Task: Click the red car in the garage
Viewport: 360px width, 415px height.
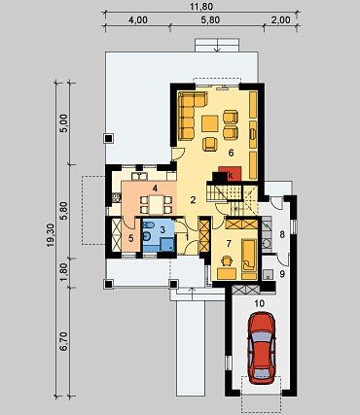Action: click(262, 348)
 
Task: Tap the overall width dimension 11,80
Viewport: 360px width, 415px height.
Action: click(201, 7)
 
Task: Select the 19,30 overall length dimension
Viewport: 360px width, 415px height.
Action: click(51, 240)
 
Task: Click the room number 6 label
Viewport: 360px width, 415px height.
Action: click(231, 153)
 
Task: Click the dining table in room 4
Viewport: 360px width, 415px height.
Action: click(156, 205)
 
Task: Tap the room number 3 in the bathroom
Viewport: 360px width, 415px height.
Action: click(162, 229)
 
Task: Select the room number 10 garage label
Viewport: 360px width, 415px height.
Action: click(260, 303)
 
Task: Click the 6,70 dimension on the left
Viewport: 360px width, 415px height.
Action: click(65, 341)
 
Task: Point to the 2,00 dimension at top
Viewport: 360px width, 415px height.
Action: click(281, 20)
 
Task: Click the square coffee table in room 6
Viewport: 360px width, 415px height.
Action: click(210, 123)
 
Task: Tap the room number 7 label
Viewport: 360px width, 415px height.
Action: click(229, 244)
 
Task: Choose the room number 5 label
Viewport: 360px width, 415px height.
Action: click(130, 238)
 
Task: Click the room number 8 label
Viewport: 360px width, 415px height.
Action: click(282, 234)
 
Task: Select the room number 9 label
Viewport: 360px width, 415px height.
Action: click(282, 274)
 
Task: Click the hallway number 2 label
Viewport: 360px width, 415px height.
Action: click(193, 200)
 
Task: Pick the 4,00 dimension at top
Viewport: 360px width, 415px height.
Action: click(138, 20)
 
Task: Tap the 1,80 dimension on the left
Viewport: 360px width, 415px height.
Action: click(65, 271)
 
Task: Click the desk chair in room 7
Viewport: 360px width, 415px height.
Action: click(227, 260)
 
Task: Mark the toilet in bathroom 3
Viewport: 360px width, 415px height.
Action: click(147, 237)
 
